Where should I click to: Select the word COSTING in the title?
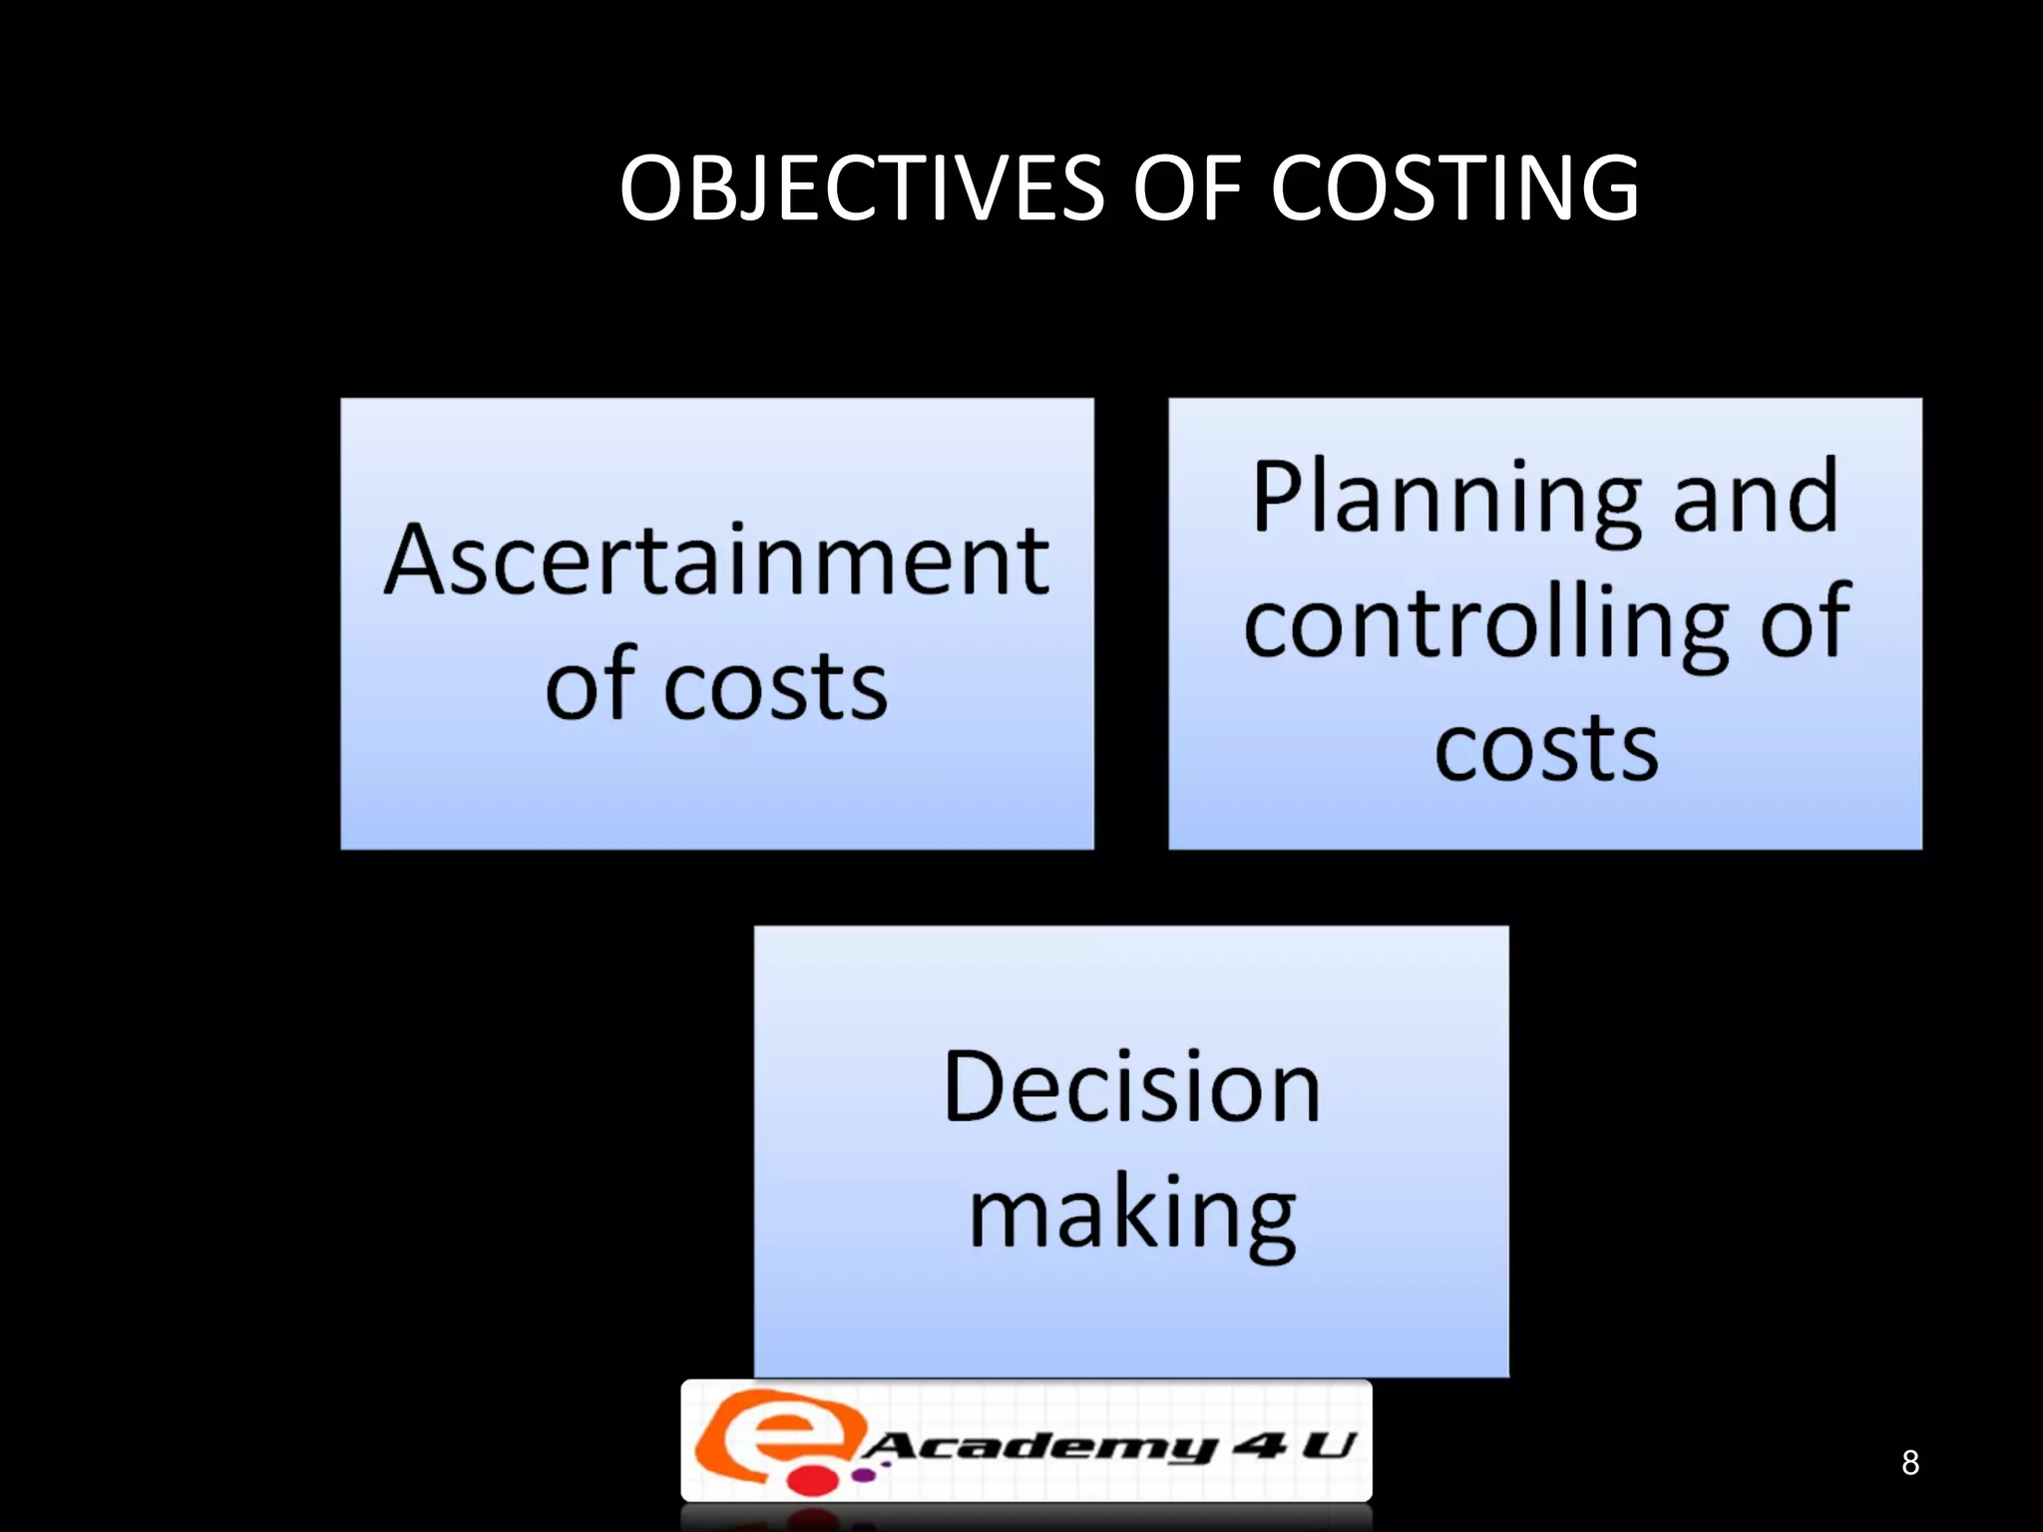point(1454,189)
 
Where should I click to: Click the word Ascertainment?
point(716,562)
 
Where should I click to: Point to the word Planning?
point(1446,499)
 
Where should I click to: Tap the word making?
point(1131,1215)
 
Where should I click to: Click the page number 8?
point(1909,1462)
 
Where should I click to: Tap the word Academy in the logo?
point(1037,1445)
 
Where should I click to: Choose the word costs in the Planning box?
point(1545,748)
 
